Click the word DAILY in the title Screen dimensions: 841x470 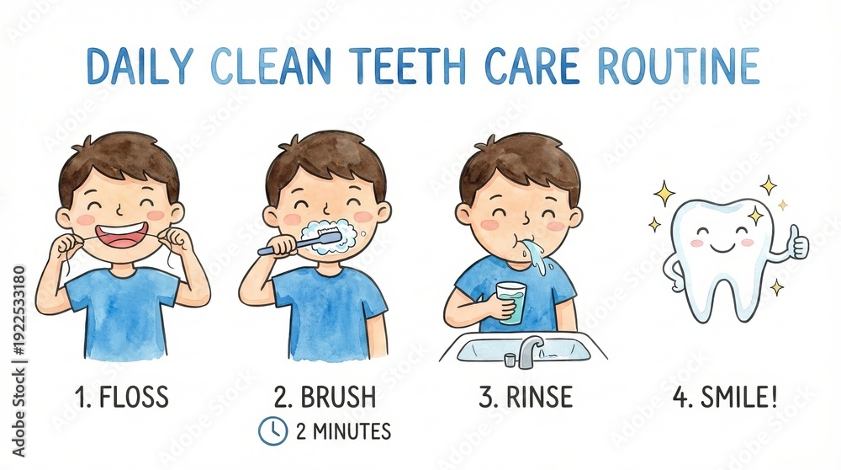tap(140, 67)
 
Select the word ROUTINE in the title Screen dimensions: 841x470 tap(679, 67)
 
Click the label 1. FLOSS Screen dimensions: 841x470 tap(122, 397)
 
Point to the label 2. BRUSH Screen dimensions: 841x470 tap(325, 397)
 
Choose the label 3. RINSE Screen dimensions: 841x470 tap(526, 397)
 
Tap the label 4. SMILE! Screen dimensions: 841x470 tap(725, 397)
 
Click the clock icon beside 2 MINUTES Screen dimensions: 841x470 tap(273, 430)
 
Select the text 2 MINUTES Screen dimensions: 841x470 tap(343, 431)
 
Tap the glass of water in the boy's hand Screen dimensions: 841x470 tap(510, 303)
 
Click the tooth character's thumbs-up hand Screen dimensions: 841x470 tap(796, 243)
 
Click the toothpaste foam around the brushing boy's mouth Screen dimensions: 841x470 tap(329, 238)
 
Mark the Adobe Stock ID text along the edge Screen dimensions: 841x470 tap(19, 361)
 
